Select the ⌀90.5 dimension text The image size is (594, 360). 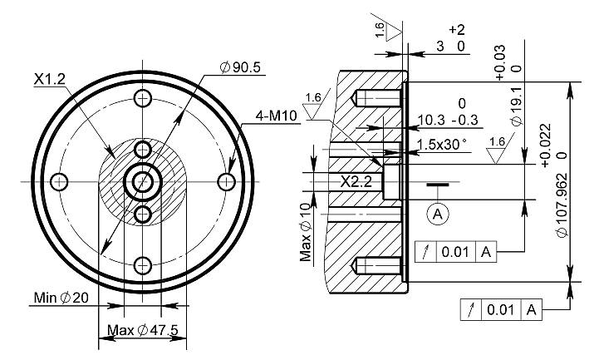(241, 67)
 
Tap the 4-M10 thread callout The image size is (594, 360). (261, 116)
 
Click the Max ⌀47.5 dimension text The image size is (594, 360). (143, 331)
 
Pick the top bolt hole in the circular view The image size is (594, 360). (143, 98)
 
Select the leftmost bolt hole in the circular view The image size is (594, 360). (58, 181)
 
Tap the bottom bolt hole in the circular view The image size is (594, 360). (143, 265)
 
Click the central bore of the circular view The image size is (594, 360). (143, 181)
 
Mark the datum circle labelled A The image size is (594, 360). (438, 214)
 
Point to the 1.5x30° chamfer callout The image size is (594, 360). (441, 144)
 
